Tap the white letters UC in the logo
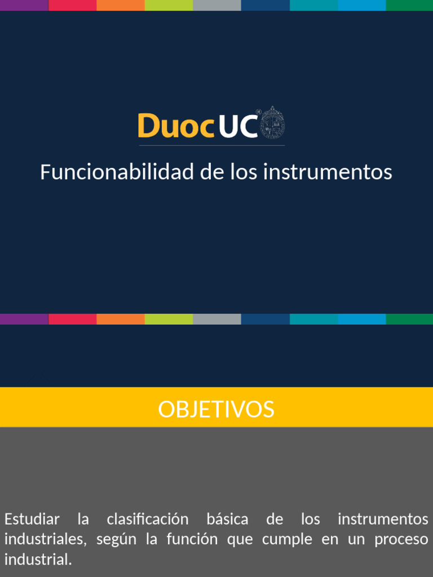237,126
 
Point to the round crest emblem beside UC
272,123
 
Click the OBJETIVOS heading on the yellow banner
216,409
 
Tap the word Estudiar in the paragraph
32,518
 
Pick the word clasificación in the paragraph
148,518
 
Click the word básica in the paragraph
227,518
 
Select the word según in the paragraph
117,539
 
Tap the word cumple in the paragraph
287,539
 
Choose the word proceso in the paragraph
401,539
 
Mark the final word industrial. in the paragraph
38,560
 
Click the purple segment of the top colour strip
24,5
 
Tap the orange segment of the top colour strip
121,5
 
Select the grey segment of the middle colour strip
217,319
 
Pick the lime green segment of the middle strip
169,319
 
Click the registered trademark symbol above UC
258,112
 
